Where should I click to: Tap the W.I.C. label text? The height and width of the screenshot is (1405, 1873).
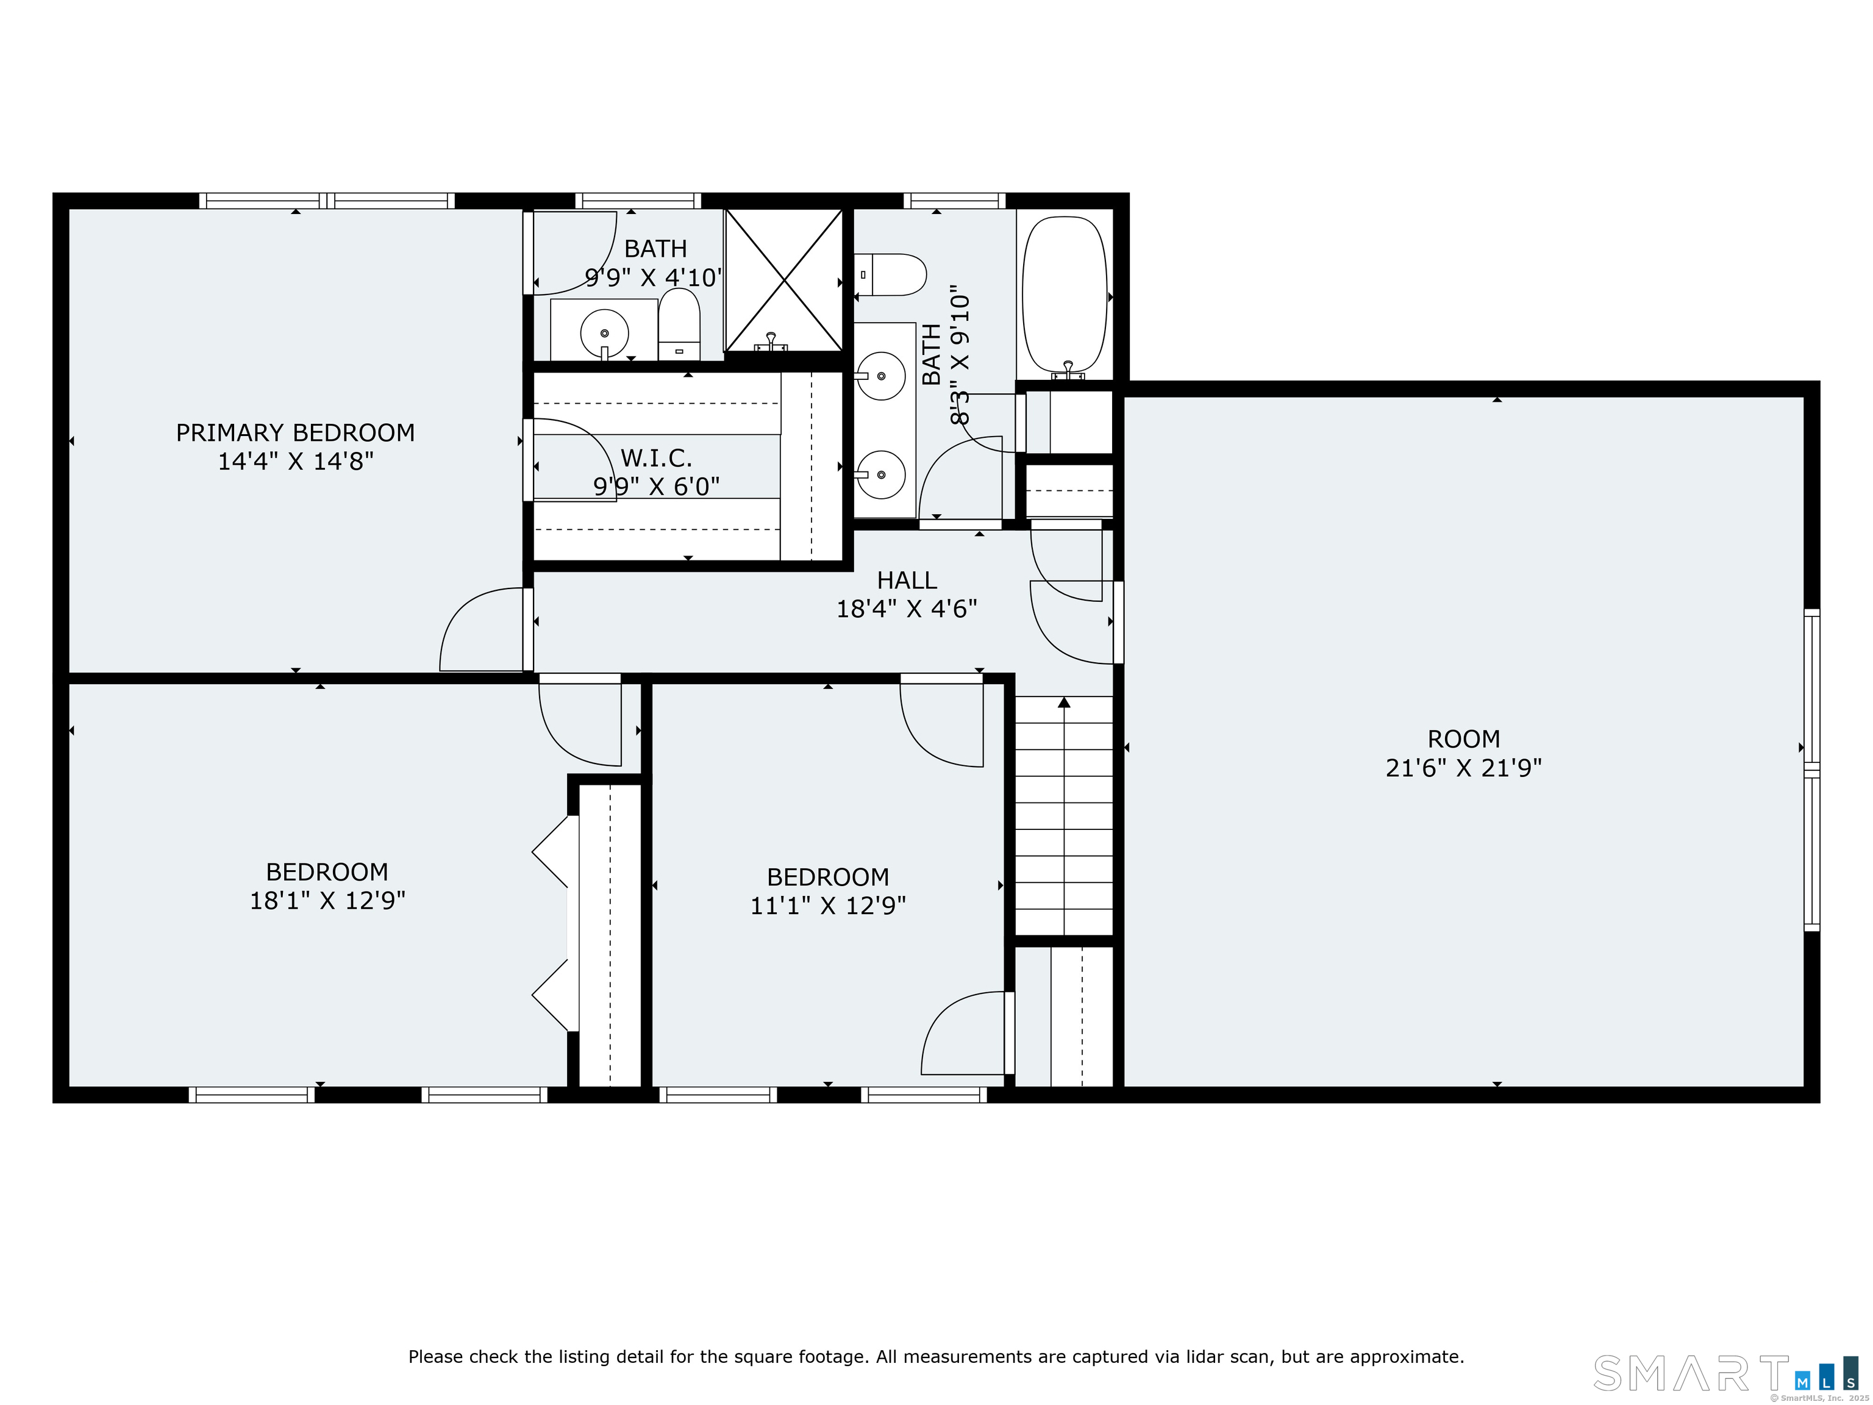click(656, 458)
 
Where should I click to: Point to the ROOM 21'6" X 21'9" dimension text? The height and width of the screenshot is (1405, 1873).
click(1463, 767)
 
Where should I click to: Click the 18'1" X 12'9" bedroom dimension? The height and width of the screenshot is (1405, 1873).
click(327, 900)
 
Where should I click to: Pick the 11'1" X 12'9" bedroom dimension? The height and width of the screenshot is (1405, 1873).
click(828, 906)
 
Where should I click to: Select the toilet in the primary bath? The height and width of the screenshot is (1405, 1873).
click(679, 324)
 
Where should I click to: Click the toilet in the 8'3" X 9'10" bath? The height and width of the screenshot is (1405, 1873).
click(890, 274)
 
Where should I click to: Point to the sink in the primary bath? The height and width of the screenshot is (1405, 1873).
click(605, 333)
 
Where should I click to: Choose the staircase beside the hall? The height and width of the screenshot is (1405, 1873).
click(1063, 815)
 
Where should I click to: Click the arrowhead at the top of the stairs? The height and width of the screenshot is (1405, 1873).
click(1063, 702)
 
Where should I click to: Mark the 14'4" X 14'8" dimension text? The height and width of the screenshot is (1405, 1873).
click(296, 462)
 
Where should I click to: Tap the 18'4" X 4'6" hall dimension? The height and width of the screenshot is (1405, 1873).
click(907, 609)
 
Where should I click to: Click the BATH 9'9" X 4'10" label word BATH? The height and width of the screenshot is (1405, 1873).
click(655, 249)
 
